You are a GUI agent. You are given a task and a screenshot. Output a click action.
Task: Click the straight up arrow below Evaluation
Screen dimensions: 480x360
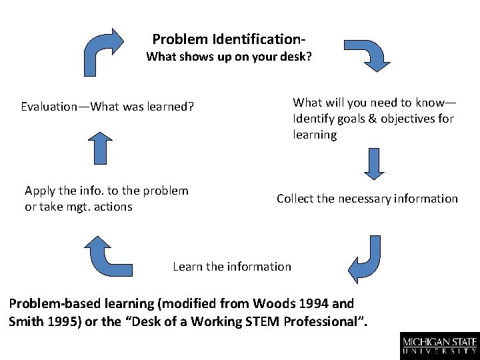(100, 148)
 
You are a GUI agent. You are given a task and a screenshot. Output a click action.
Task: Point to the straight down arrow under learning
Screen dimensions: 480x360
(374, 163)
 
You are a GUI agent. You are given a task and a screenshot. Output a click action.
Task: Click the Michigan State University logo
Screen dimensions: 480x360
(439, 345)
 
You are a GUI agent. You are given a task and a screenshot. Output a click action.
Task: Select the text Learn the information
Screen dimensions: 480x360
(232, 267)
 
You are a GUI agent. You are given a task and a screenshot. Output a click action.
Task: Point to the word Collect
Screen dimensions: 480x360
(297, 199)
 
